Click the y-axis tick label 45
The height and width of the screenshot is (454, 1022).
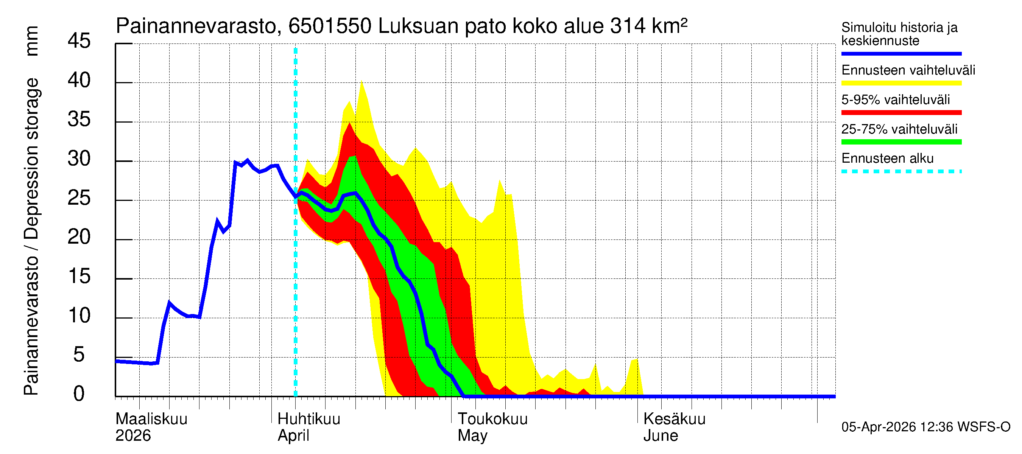click(x=79, y=41)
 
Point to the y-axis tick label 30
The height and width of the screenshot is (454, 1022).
click(x=79, y=159)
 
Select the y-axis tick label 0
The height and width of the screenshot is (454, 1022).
click(x=79, y=394)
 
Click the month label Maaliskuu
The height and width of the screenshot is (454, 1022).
click(x=151, y=419)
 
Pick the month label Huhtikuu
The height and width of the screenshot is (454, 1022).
click(x=308, y=419)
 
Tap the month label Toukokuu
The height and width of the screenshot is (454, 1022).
click(x=492, y=419)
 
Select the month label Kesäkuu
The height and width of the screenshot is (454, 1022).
click(x=674, y=419)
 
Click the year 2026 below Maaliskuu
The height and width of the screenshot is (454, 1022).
click(x=133, y=436)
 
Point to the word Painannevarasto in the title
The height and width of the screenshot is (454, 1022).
click(x=196, y=26)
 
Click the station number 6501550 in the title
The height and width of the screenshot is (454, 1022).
click(x=330, y=26)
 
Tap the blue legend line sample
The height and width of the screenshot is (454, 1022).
click(x=901, y=53)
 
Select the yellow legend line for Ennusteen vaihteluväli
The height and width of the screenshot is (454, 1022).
click(x=901, y=83)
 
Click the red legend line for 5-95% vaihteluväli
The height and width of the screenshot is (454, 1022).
click(x=901, y=113)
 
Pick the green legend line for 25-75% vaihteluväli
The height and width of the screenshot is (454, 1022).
click(x=901, y=142)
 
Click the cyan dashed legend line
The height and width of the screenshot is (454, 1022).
click(x=901, y=172)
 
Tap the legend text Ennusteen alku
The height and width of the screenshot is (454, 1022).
click(x=887, y=159)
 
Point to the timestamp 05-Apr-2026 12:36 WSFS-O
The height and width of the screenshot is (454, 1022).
click(x=925, y=427)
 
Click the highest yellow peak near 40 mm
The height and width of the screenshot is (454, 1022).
click(x=361, y=81)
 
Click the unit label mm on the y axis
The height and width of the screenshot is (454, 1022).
click(x=32, y=41)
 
